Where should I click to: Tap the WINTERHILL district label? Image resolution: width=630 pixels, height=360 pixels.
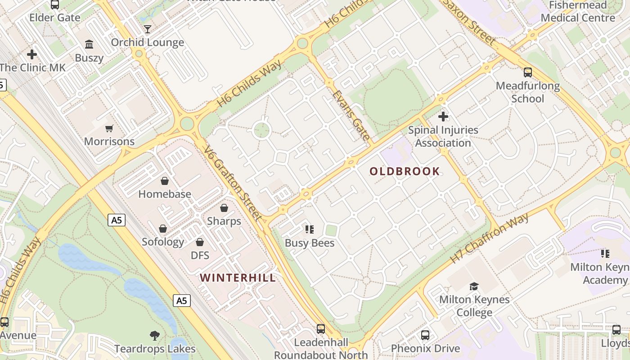[x=238, y=278]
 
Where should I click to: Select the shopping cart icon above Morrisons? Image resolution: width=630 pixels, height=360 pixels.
[x=109, y=129]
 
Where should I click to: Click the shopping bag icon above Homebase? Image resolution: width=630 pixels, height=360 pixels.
[x=165, y=181]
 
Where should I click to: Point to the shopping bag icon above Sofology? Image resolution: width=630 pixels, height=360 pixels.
[x=163, y=229]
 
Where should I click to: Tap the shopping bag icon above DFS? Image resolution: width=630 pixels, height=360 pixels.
[x=200, y=242]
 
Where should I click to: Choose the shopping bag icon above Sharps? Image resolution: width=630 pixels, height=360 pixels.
[x=224, y=208]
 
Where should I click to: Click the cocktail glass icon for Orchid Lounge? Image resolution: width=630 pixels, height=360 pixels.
[x=148, y=29]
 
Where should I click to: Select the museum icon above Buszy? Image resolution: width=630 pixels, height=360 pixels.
[x=89, y=44]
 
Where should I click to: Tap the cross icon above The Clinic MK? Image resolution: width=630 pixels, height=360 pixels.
[x=32, y=54]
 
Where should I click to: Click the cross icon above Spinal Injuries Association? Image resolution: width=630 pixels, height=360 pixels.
[x=443, y=117]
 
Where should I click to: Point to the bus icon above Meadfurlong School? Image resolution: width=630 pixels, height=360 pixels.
[x=528, y=72]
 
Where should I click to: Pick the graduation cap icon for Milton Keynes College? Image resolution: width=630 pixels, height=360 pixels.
[x=474, y=286]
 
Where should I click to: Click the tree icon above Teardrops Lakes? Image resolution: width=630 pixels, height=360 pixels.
[x=155, y=335]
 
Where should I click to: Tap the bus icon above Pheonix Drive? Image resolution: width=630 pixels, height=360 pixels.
[x=425, y=335]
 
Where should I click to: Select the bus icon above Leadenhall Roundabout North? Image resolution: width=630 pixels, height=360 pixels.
[x=321, y=329]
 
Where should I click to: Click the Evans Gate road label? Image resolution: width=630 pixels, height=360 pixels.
[x=352, y=115]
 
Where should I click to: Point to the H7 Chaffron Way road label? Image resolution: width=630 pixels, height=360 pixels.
[x=490, y=238]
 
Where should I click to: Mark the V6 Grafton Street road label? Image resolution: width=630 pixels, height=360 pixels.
[x=233, y=184]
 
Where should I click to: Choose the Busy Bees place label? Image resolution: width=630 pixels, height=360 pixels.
[x=310, y=243]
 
